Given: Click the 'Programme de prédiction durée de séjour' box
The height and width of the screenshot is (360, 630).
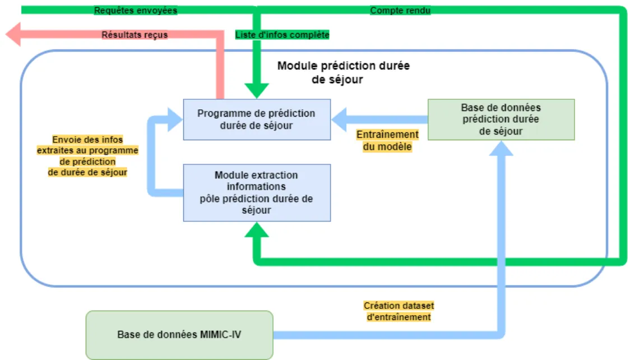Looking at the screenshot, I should click(257, 119).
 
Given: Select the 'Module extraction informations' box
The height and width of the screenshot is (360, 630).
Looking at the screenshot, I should click(257, 192).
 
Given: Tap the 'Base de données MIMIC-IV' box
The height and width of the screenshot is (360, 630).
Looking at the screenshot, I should click(179, 335).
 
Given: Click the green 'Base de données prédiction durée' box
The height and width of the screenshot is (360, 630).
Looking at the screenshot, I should click(501, 119).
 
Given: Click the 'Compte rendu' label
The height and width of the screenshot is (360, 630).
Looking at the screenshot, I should click(400, 10).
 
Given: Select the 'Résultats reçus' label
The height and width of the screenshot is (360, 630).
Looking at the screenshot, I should click(135, 35).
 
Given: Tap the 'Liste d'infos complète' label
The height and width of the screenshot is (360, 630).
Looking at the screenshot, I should click(282, 35).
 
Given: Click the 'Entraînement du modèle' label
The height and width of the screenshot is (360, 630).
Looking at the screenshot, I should click(387, 141).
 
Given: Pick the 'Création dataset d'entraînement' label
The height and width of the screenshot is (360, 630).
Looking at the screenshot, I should click(398, 311).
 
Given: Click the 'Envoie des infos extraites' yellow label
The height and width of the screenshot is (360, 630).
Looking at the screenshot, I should click(87, 156).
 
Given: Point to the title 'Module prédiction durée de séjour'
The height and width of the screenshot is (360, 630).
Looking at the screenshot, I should click(343, 72).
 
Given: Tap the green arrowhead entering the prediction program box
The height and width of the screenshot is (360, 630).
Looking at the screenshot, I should click(256, 90).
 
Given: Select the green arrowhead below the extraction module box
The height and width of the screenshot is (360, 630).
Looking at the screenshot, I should click(256, 230).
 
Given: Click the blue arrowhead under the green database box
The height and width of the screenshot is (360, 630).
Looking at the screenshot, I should click(502, 148).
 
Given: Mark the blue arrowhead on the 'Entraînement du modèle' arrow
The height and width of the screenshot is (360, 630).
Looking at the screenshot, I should click(341, 119).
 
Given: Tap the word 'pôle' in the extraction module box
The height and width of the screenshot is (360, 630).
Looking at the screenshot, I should click(210, 199).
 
